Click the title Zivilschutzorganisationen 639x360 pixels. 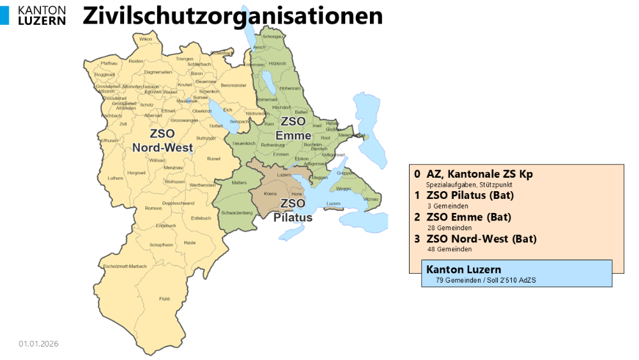[233, 15]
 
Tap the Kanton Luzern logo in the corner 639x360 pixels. [36, 15]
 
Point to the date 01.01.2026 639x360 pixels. [38, 344]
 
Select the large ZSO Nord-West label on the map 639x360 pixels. [162, 141]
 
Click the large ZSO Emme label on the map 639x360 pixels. [293, 128]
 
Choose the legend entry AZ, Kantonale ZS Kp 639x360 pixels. [479, 174]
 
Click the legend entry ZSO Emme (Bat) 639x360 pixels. [468, 217]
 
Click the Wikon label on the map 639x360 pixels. [146, 40]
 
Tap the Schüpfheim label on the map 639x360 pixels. [161, 245]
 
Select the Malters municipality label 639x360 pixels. [238, 183]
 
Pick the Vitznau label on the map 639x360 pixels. [371, 200]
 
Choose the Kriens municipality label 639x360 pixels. [270, 193]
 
